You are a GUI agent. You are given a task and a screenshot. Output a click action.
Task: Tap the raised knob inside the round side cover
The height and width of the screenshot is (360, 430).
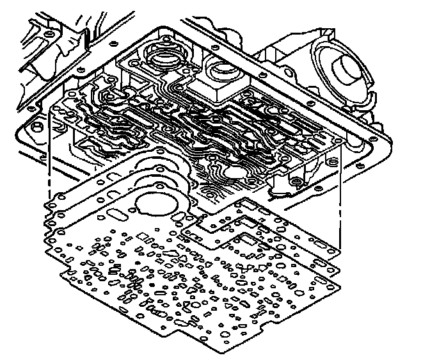[349, 68]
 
